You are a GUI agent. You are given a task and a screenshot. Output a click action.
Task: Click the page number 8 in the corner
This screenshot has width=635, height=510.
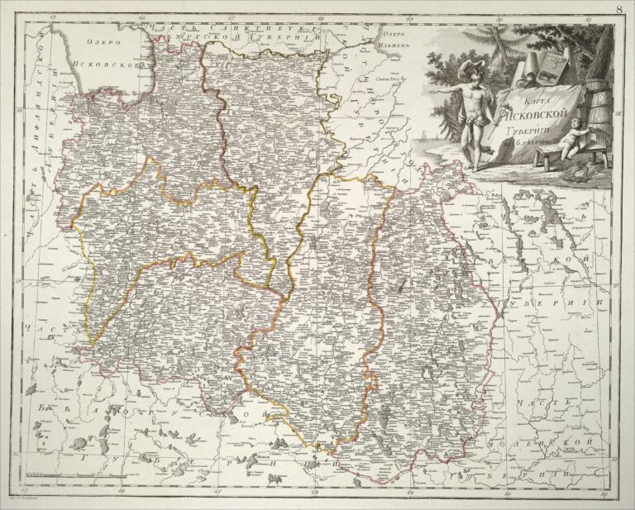coord(620,9)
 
